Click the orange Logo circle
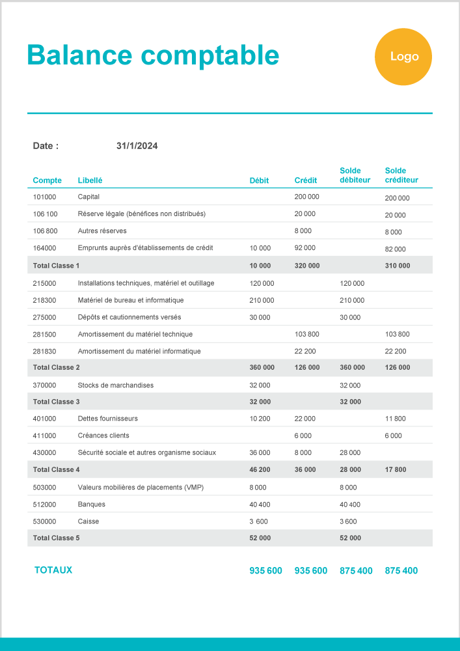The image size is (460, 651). [x=403, y=57]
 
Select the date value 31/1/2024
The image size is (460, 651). [x=137, y=146]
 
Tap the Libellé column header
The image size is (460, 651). [x=90, y=180]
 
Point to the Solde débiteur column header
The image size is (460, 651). [x=355, y=175]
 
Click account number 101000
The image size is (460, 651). [x=44, y=197]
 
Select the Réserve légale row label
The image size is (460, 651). [x=141, y=214]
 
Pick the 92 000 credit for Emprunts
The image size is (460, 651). [x=304, y=248]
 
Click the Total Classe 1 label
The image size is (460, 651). [x=56, y=266]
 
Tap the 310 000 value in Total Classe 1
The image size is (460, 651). [x=398, y=266]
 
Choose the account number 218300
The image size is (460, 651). [x=44, y=300]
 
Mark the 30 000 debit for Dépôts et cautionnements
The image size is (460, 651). [x=260, y=317]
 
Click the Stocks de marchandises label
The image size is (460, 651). [x=115, y=385]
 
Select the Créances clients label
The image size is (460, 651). [x=103, y=436]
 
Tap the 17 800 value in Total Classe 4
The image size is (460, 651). [x=396, y=469]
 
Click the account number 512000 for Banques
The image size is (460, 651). [x=44, y=505]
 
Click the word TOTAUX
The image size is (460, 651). [x=53, y=570]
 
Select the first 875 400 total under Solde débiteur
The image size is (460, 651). [x=356, y=571]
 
